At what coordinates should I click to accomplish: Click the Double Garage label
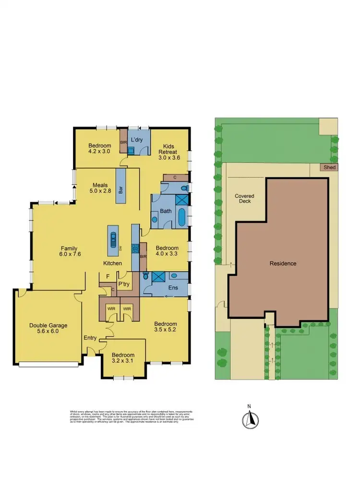(x=48, y=328)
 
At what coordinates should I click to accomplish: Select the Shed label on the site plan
(x=330, y=167)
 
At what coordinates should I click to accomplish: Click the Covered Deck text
(x=244, y=198)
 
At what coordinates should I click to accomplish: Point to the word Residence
(x=283, y=263)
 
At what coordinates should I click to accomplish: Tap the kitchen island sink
(x=113, y=239)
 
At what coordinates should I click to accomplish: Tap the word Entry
(x=91, y=338)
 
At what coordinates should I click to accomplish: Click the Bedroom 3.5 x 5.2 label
(x=165, y=327)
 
